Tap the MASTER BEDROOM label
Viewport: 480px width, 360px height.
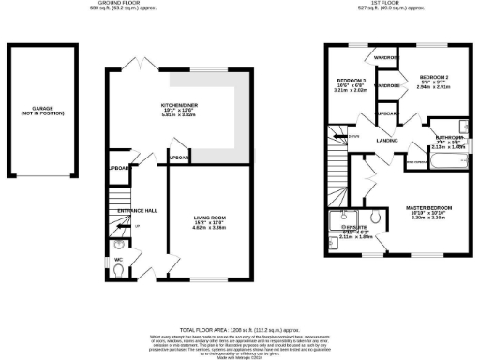[x=427, y=206]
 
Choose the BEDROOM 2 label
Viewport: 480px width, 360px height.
[x=435, y=77]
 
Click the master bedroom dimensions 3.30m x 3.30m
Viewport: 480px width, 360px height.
[x=427, y=217]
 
